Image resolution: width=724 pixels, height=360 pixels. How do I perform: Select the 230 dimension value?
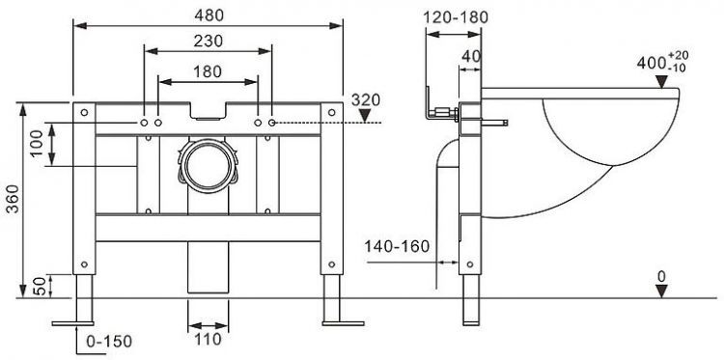click(x=208, y=42)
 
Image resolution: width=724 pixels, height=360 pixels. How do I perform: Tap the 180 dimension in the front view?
click(x=208, y=71)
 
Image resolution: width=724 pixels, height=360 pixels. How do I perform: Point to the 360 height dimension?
click(x=11, y=198)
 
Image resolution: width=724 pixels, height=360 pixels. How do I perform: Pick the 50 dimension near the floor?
click(x=38, y=287)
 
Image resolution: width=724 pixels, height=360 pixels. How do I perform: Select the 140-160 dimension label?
click(x=396, y=247)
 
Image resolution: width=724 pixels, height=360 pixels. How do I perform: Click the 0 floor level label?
click(x=660, y=277)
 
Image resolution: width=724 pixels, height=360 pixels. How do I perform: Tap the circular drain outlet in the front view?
click(x=207, y=164)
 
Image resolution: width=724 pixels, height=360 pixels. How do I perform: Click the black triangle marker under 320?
click(x=364, y=117)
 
